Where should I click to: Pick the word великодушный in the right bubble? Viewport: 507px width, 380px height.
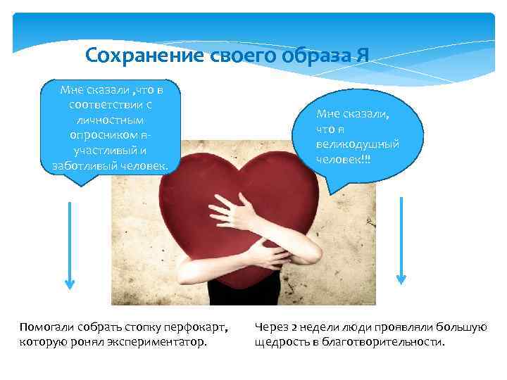[358, 144]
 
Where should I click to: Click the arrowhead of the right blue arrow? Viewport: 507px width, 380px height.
[401, 277]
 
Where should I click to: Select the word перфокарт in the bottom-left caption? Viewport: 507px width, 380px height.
[196, 329]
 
